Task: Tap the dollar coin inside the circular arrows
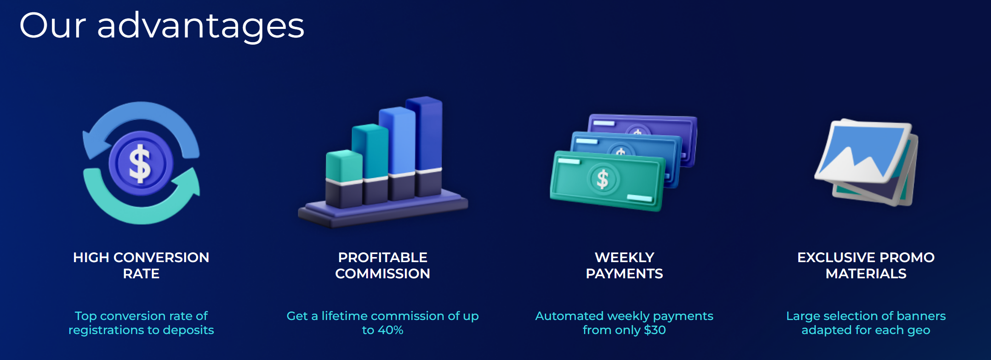[x=141, y=163]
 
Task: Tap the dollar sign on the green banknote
[x=603, y=179]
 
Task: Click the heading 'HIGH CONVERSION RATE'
[x=141, y=266]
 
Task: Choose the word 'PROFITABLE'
[x=383, y=257]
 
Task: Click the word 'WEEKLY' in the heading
[x=624, y=257]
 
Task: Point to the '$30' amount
[x=655, y=330]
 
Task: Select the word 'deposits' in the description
[x=188, y=331]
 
